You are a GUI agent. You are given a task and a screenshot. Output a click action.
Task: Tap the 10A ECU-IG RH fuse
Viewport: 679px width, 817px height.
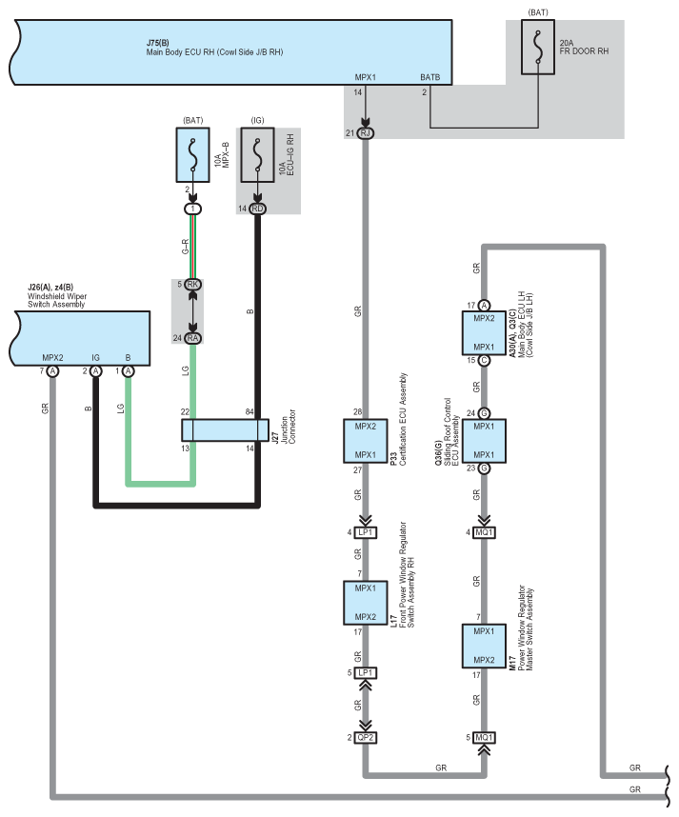[x=256, y=156]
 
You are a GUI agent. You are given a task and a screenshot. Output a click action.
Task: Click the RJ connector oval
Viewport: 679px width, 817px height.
[x=366, y=133]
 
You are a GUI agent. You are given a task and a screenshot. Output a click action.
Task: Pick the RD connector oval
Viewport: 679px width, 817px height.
[x=257, y=209]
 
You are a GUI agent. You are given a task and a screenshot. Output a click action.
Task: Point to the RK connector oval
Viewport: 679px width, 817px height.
[x=193, y=284]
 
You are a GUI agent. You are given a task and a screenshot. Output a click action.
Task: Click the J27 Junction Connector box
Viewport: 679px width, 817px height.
[x=221, y=429]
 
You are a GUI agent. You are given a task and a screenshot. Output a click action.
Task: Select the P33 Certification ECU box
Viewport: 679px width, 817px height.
[x=366, y=440]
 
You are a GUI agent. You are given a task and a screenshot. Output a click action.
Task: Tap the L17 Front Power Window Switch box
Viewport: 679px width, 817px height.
[x=366, y=603]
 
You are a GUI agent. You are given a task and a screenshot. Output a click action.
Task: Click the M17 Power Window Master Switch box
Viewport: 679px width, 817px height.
[x=485, y=646]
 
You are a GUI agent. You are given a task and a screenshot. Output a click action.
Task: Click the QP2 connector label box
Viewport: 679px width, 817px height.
[x=366, y=738]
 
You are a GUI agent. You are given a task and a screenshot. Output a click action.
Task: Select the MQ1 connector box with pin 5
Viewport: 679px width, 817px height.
[x=485, y=738]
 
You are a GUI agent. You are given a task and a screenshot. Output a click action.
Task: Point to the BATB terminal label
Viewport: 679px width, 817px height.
[x=430, y=76]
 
